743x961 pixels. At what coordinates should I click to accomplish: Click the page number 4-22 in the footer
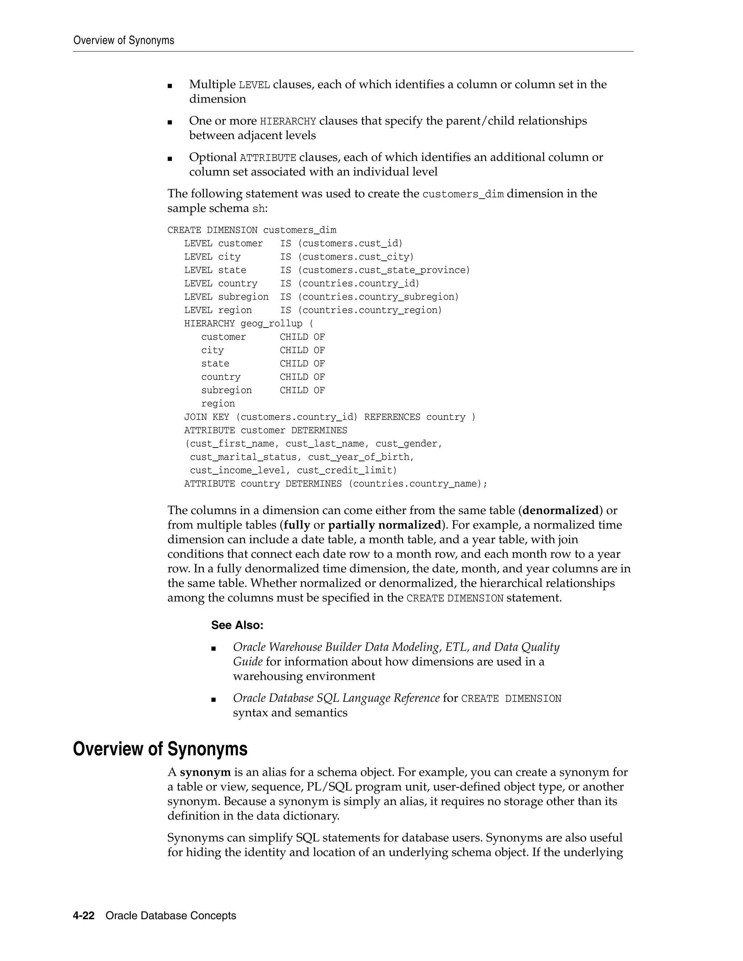pos(84,916)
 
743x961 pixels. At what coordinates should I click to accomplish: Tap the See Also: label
pos(237,625)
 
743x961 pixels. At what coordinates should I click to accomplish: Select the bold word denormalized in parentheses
pos(560,511)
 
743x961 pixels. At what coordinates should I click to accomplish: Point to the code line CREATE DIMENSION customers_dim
pos(251,230)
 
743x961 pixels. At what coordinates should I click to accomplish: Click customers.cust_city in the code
pos(356,257)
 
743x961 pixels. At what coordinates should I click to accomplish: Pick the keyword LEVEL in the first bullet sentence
pos(254,85)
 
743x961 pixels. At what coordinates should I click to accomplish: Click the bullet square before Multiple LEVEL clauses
pos(170,85)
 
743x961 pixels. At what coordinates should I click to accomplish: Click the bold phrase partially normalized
pos(385,525)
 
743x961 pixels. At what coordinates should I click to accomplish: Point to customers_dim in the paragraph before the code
pos(463,194)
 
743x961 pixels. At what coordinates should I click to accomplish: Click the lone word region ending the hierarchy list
pos(218,404)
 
